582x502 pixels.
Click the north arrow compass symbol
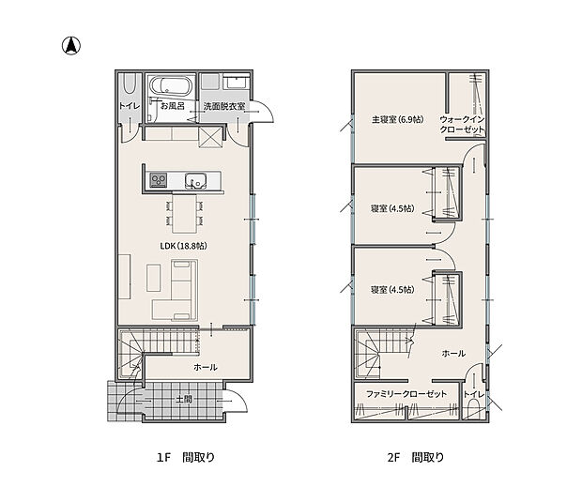click(71, 46)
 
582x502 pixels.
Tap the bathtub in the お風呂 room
click(170, 86)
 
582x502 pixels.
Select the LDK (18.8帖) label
click(183, 246)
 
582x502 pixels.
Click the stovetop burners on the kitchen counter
click(158, 180)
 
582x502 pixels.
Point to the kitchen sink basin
click(195, 181)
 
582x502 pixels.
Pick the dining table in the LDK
click(185, 213)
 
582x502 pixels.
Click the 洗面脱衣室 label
click(224, 106)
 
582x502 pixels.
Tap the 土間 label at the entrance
click(184, 400)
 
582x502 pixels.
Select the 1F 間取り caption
click(186, 457)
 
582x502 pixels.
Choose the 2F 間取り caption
click(415, 457)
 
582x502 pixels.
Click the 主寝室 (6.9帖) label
click(397, 119)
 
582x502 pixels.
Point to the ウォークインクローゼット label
click(462, 124)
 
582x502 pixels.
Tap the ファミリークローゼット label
click(406, 394)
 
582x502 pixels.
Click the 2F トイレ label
click(474, 394)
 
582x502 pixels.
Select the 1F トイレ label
click(130, 106)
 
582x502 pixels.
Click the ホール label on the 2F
click(453, 353)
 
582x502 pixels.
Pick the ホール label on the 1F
click(206, 367)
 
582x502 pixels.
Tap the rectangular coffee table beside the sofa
click(154, 278)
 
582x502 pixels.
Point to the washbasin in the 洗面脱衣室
click(236, 82)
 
